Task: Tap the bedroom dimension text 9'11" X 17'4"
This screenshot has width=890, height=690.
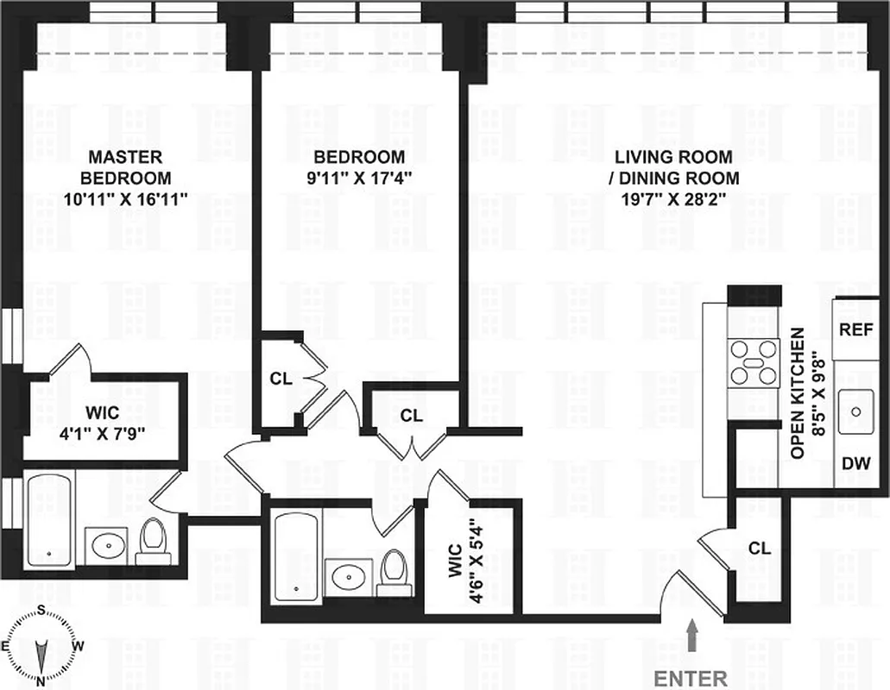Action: (x=358, y=179)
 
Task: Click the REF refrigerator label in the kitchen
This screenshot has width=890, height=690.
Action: (x=856, y=329)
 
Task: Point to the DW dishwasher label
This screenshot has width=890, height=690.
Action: (x=855, y=463)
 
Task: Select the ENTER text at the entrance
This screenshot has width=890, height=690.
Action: (x=690, y=678)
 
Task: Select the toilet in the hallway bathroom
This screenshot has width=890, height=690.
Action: (x=394, y=574)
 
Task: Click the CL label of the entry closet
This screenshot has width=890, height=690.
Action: (x=760, y=548)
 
